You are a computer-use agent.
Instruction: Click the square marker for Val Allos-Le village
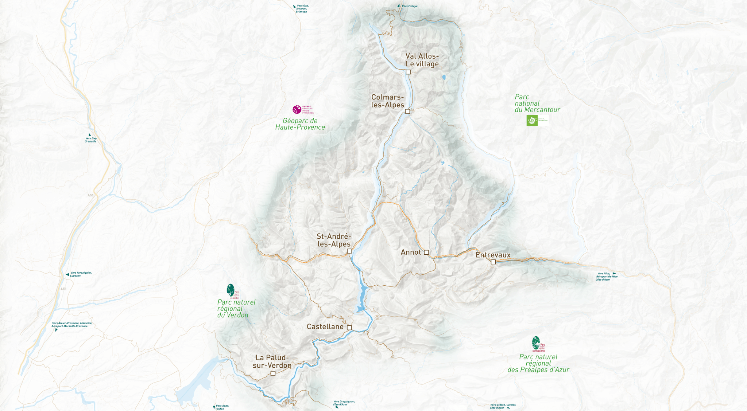point(408,72)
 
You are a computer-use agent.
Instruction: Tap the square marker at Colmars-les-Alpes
point(407,111)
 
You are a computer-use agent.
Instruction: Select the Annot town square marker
point(426,252)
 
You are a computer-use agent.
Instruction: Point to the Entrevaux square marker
point(493,262)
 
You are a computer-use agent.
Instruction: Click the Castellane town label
point(325,327)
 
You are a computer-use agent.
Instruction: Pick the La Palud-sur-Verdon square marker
point(273,373)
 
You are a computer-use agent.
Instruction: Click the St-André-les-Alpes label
point(334,240)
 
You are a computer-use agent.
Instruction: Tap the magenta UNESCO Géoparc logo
point(297,109)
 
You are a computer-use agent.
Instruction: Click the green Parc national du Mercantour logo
point(532,120)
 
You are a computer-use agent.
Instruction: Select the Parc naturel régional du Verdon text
point(236,309)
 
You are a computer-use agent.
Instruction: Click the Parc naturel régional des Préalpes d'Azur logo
point(536,343)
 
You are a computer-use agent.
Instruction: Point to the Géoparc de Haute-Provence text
point(300,124)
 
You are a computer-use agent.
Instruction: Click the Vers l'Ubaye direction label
point(409,6)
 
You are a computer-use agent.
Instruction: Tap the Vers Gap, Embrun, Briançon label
point(302,9)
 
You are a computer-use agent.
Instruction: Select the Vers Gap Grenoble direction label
point(91,140)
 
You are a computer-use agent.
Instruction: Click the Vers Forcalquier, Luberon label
point(80,274)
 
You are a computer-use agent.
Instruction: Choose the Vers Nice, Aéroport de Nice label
point(607,276)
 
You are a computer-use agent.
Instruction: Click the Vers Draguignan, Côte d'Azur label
point(344,403)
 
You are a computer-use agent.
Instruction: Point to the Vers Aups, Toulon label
point(221,407)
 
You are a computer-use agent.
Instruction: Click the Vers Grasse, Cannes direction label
point(503,406)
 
